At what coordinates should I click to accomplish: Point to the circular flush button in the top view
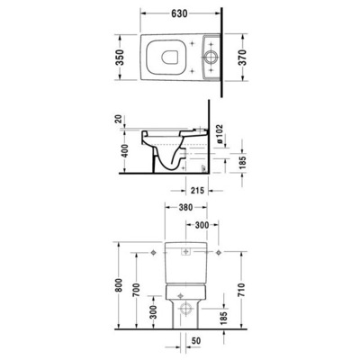coord(211,53)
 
